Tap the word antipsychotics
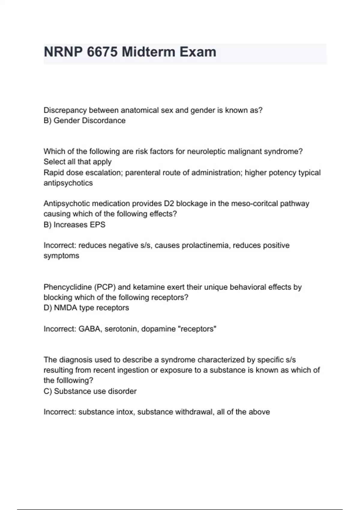pyautogui.click(x=68, y=183)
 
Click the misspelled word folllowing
pyautogui.click(x=75, y=380)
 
